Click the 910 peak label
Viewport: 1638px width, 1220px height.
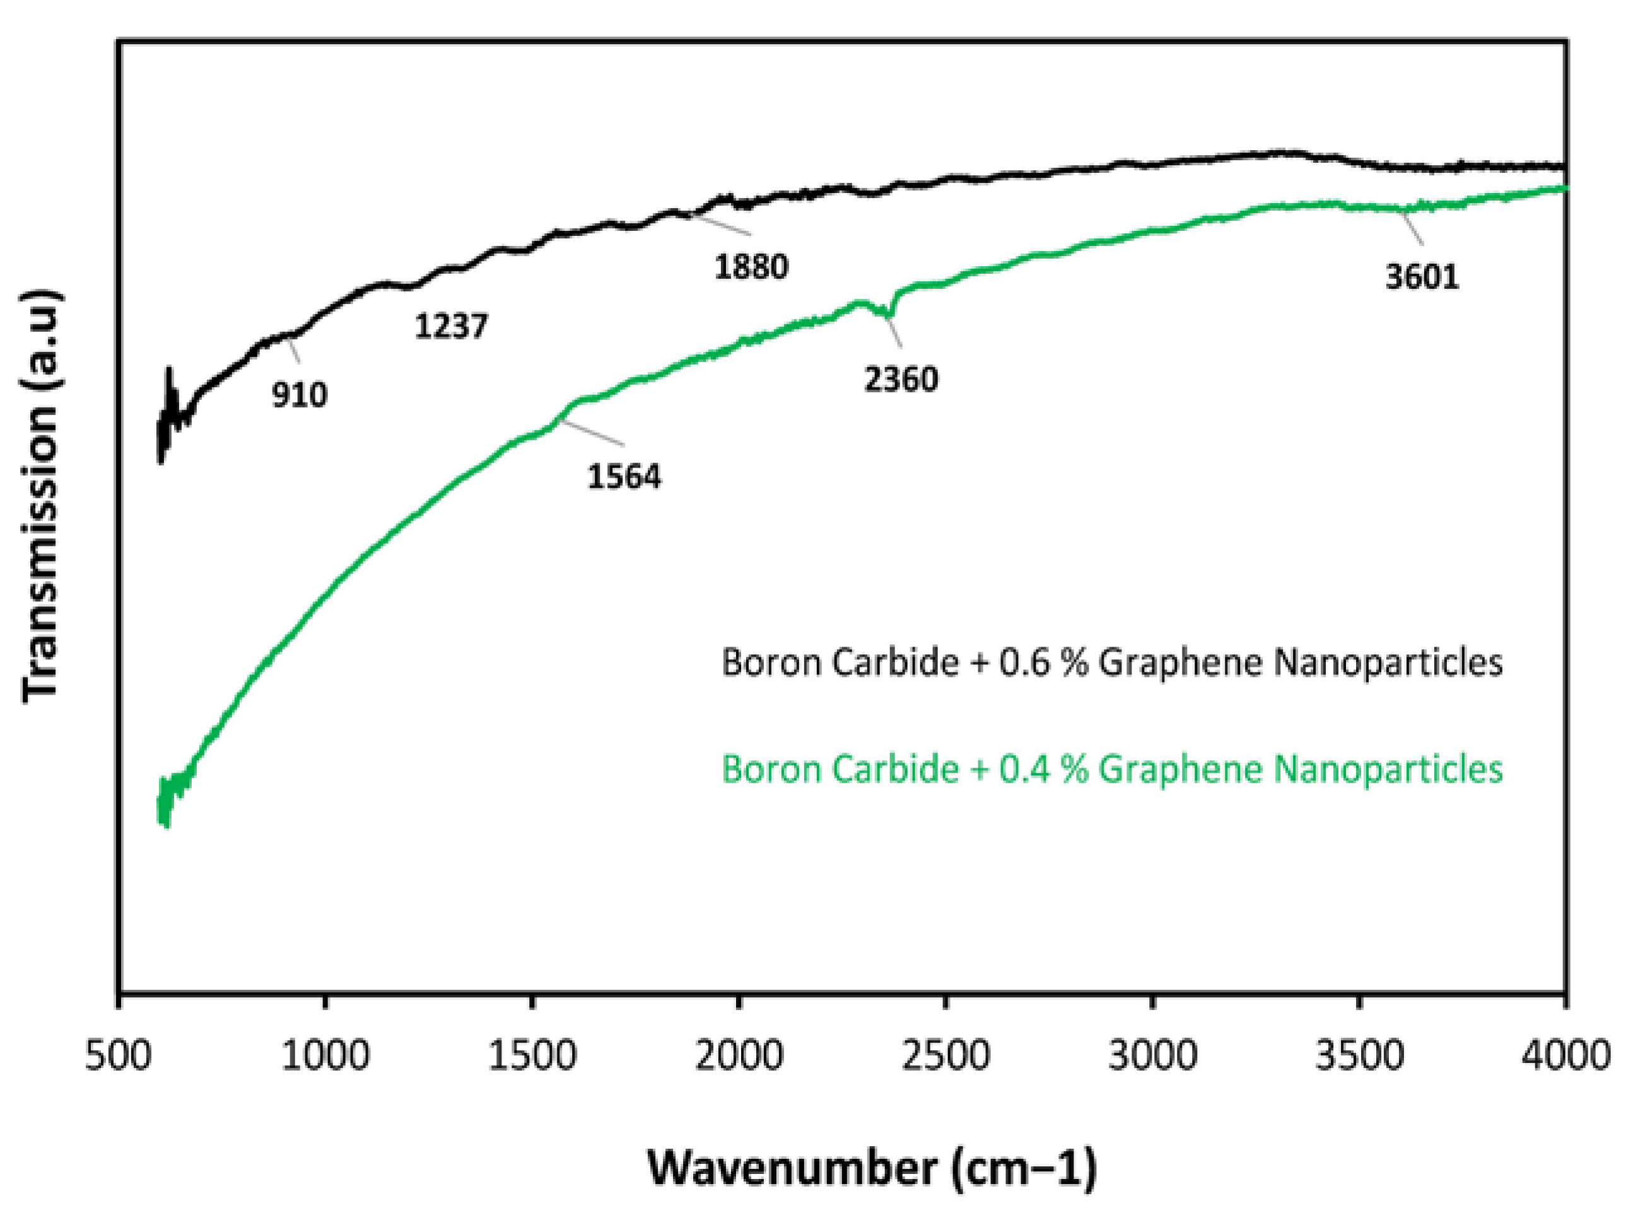pos(299,396)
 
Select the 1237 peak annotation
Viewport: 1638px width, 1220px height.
pos(450,326)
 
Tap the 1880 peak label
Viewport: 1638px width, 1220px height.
pos(751,267)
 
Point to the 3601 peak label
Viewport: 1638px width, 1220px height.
pos(1422,277)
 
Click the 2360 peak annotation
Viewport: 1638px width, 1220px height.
pos(900,380)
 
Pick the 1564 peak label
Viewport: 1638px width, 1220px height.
pos(624,476)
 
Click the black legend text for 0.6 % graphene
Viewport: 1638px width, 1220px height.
pos(1111,663)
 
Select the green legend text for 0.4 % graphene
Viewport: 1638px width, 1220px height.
pos(1111,769)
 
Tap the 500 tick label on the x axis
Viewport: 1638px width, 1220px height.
pos(118,1055)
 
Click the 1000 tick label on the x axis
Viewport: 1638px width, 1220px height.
pos(325,1055)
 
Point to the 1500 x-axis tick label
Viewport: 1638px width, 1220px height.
pos(532,1055)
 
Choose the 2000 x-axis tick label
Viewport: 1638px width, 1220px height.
pos(739,1055)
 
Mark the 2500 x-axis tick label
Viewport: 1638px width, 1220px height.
pos(945,1055)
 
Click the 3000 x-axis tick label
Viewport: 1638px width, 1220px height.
pos(1152,1055)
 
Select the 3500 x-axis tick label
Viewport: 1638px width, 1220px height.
pos(1359,1055)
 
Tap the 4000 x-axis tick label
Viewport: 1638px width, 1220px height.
pos(1565,1055)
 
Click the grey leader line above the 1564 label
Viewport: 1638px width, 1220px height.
pos(591,433)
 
